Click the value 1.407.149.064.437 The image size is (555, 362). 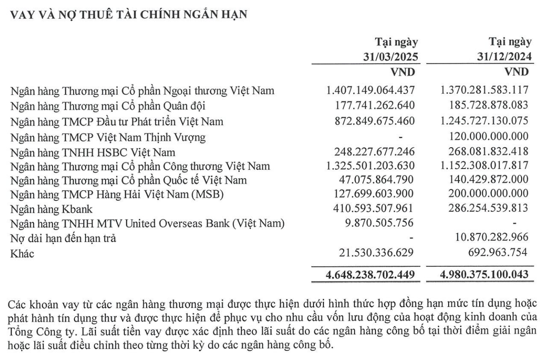[x=371, y=90]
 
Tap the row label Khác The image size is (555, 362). [x=22, y=253]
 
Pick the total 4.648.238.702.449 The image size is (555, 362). [x=370, y=275]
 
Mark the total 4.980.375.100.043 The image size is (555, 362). [x=484, y=275]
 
